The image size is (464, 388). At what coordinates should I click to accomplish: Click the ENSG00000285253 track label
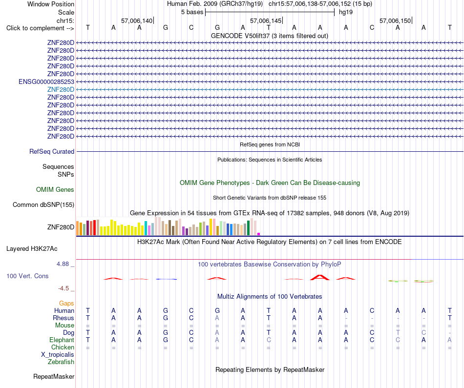(x=46, y=82)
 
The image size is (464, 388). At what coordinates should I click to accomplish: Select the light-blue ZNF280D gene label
(x=61, y=89)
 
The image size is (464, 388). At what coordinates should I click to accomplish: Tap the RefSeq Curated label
(x=52, y=151)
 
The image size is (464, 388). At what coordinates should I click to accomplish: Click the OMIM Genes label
(x=55, y=189)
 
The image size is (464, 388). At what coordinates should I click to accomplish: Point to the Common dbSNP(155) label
(x=43, y=204)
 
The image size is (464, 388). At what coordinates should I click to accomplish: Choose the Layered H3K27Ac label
(x=32, y=249)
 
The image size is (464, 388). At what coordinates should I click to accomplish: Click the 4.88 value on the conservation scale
(x=63, y=264)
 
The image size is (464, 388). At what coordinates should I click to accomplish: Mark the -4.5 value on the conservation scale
(x=63, y=288)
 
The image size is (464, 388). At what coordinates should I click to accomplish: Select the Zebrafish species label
(x=61, y=362)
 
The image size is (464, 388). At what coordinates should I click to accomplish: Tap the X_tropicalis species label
(x=58, y=355)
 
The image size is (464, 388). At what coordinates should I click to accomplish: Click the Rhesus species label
(x=63, y=318)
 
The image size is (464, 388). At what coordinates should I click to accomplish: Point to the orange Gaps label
(x=66, y=303)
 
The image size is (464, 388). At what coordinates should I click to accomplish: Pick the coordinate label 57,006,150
(x=395, y=20)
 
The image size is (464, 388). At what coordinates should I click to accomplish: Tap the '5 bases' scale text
(x=192, y=12)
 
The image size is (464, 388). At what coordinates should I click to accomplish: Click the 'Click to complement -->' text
(x=40, y=28)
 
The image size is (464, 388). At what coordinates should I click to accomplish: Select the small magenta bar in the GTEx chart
(x=259, y=234)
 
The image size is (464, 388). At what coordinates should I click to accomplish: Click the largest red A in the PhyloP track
(x=319, y=277)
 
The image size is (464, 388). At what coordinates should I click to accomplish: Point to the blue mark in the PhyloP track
(x=166, y=279)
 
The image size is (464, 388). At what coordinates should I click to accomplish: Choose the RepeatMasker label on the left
(x=54, y=376)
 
